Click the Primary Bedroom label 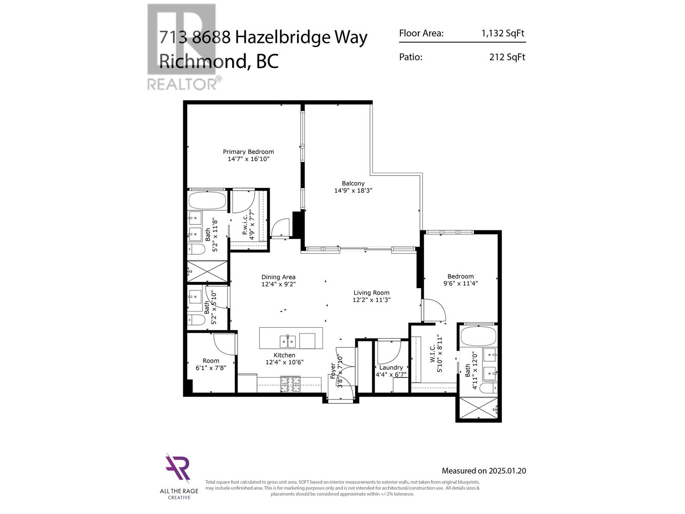[x=248, y=152]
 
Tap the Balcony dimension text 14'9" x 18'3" [x=353, y=191]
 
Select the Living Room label [x=371, y=293]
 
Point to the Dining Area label [x=278, y=277]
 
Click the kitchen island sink [x=288, y=341]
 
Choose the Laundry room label [x=391, y=368]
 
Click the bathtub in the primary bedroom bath [x=207, y=200]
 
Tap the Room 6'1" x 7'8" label [x=211, y=364]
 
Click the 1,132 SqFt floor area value [x=503, y=33]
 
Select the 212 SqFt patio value [x=507, y=57]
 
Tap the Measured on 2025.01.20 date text [x=484, y=471]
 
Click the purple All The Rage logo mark [x=178, y=469]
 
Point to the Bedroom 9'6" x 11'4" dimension [x=460, y=283]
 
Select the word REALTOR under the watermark [x=182, y=84]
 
